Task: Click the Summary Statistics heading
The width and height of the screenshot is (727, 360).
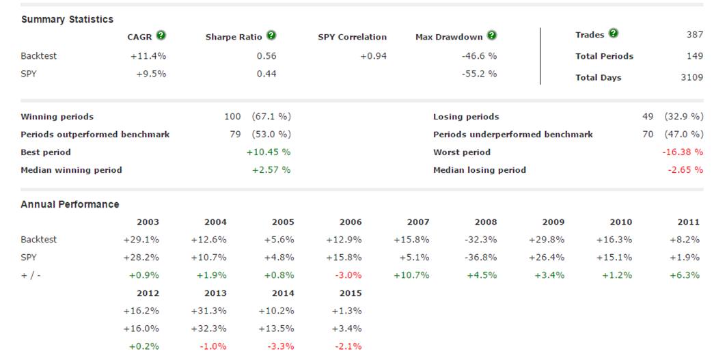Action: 67,19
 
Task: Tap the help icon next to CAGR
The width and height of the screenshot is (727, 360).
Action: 161,36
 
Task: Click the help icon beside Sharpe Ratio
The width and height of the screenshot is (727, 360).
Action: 271,36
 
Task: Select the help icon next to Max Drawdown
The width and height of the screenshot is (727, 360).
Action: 492,36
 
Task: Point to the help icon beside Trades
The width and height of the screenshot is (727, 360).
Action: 613,33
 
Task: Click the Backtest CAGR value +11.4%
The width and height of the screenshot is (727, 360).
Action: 148,56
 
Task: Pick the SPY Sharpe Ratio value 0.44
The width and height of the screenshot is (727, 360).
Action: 266,73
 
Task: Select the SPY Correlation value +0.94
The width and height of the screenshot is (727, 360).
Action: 373,56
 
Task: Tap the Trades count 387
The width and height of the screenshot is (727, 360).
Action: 694,34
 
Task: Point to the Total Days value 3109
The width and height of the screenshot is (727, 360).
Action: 691,77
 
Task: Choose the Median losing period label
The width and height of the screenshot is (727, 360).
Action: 479,169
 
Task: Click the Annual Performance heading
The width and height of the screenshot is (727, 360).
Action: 70,204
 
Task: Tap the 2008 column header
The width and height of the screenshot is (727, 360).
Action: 486,222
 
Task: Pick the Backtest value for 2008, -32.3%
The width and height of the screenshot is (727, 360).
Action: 482,240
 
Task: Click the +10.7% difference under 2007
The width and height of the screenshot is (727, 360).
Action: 411,275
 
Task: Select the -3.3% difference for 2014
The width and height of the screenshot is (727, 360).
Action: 280,346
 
